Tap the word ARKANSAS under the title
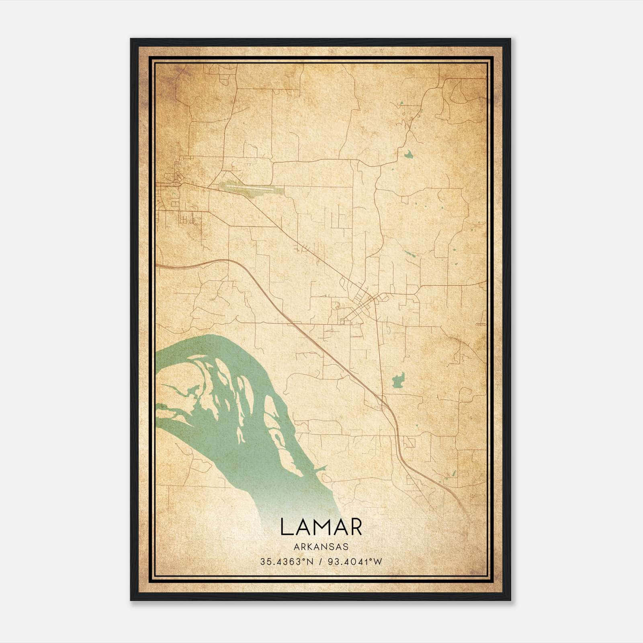coord(321,547)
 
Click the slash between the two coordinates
coord(320,562)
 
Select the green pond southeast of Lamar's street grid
coord(398,380)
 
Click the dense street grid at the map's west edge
coord(171,197)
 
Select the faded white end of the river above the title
coord(297,510)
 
